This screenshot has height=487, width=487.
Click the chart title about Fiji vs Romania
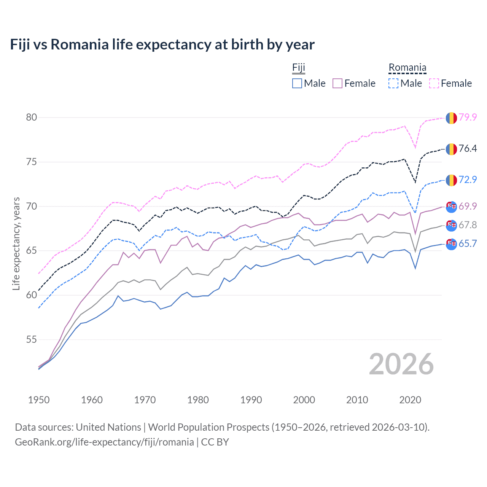(x=162, y=45)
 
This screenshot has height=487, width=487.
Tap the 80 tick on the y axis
(x=32, y=118)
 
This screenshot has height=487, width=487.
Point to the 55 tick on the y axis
(x=32, y=339)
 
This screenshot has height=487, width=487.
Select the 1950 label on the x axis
(x=39, y=400)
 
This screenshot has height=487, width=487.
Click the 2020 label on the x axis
(x=410, y=400)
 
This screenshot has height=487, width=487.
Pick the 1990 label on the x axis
(x=251, y=400)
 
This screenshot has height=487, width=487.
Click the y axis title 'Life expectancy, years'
(x=16, y=243)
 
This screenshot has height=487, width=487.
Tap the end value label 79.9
(x=468, y=118)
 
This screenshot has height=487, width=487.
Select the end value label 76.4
(x=468, y=149)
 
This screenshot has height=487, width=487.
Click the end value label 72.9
(x=468, y=180)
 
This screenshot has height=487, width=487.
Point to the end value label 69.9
(x=468, y=206)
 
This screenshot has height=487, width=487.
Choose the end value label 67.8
(x=468, y=225)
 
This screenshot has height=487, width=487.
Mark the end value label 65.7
(x=468, y=244)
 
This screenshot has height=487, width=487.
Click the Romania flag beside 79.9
(x=451, y=118)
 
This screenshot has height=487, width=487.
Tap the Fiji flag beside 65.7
(x=451, y=244)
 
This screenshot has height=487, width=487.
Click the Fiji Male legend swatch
(x=297, y=83)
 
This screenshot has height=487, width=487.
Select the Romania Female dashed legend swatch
(x=434, y=83)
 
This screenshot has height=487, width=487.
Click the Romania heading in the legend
(x=407, y=68)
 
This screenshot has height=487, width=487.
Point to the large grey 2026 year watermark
(x=401, y=364)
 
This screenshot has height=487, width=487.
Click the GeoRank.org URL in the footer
(x=104, y=442)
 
